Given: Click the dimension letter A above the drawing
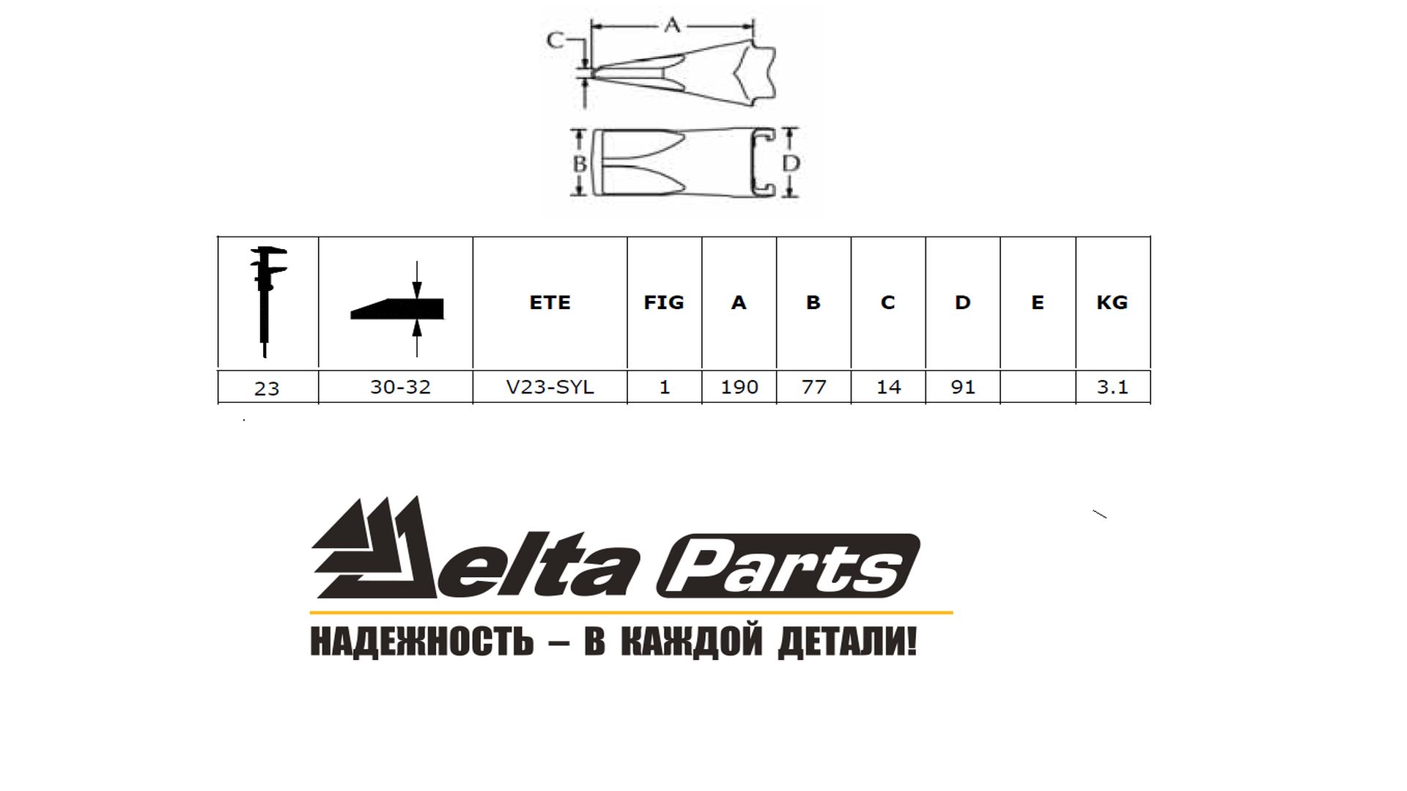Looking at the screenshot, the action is coord(672,26).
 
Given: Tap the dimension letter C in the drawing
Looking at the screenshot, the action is coord(555,40).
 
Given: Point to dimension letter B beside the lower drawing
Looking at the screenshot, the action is coord(580,163).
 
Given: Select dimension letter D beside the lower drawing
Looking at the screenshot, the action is coord(790,163).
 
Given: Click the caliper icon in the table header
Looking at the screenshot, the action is coord(267,301).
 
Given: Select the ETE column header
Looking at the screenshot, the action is coord(550,302).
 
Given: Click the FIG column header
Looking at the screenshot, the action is coord(664,302).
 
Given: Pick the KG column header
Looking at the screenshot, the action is coord(1112,302).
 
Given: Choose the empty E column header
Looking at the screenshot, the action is coord(1037,302).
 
